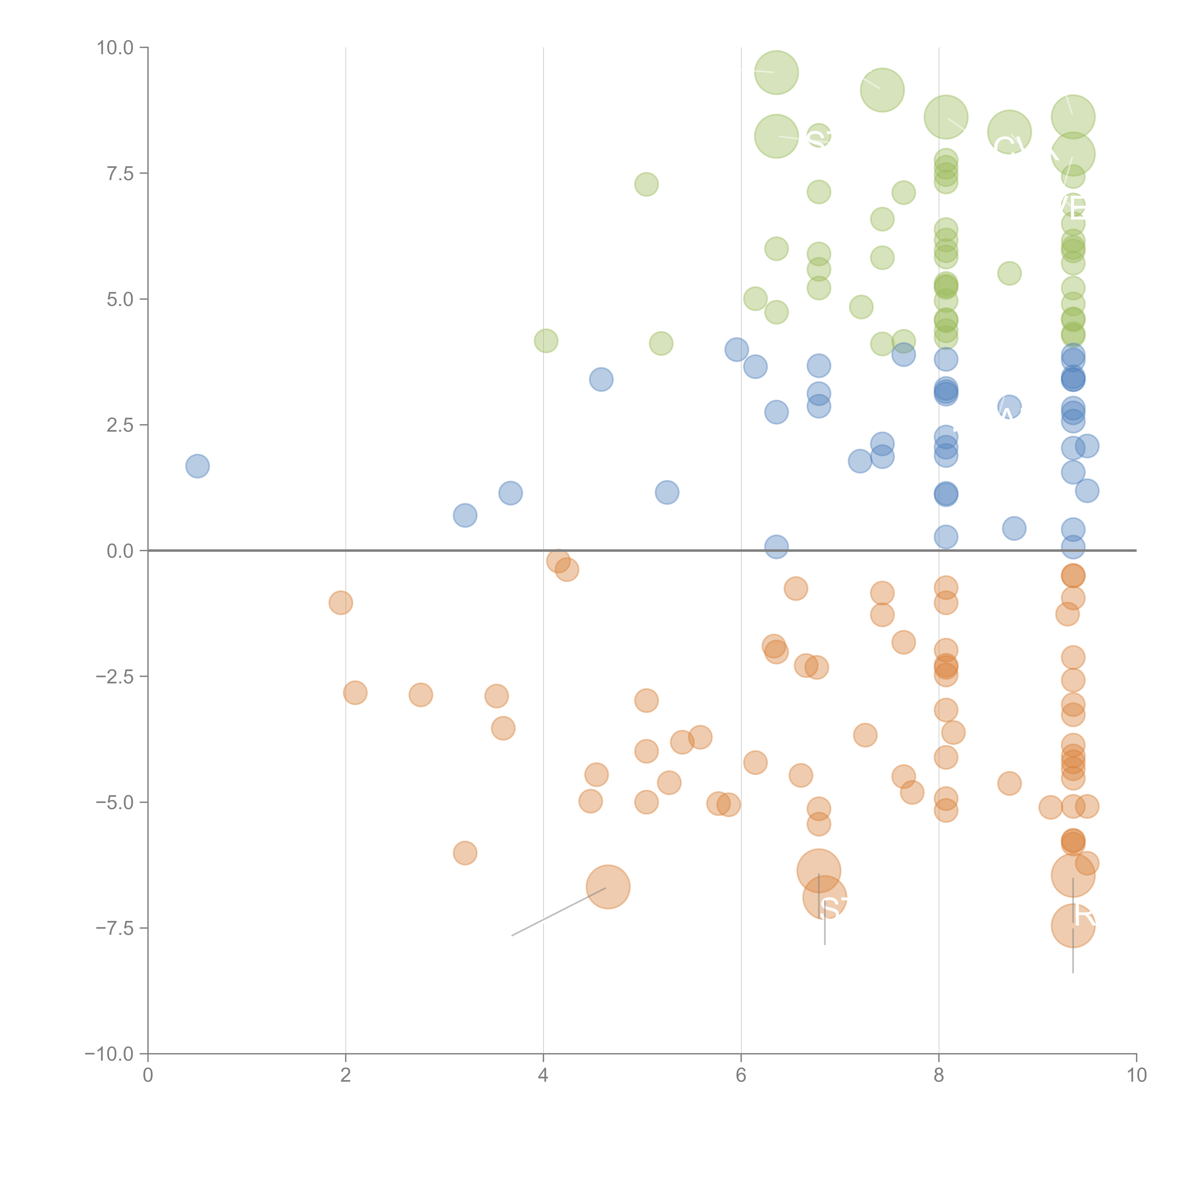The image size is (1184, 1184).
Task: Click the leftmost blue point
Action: [197, 466]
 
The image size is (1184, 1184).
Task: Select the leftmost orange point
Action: [341, 602]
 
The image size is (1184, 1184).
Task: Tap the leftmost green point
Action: [546, 341]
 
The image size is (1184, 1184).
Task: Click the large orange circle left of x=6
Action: [608, 887]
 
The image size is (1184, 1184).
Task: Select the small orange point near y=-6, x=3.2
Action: [465, 852]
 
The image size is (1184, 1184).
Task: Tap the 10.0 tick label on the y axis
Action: [115, 48]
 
